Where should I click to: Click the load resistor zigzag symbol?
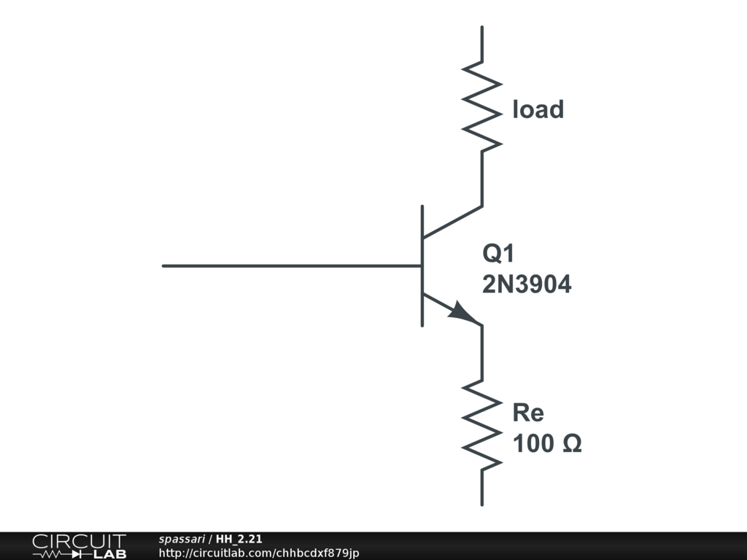[x=481, y=107]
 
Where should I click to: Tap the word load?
[x=538, y=109]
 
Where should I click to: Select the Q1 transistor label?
[x=498, y=254]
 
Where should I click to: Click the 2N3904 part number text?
[x=527, y=284]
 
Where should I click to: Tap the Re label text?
[x=528, y=413]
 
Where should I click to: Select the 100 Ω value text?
[x=546, y=443]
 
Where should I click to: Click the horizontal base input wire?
[x=292, y=265]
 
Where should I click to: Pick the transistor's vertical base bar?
[x=422, y=265]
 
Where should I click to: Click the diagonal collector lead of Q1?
[x=452, y=222]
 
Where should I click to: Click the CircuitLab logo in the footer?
[x=79, y=546]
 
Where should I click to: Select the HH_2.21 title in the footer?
[x=239, y=540]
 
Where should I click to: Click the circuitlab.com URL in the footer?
[x=258, y=553]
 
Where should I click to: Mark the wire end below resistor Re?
[x=481, y=503]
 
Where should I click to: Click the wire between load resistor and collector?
[x=481, y=179]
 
